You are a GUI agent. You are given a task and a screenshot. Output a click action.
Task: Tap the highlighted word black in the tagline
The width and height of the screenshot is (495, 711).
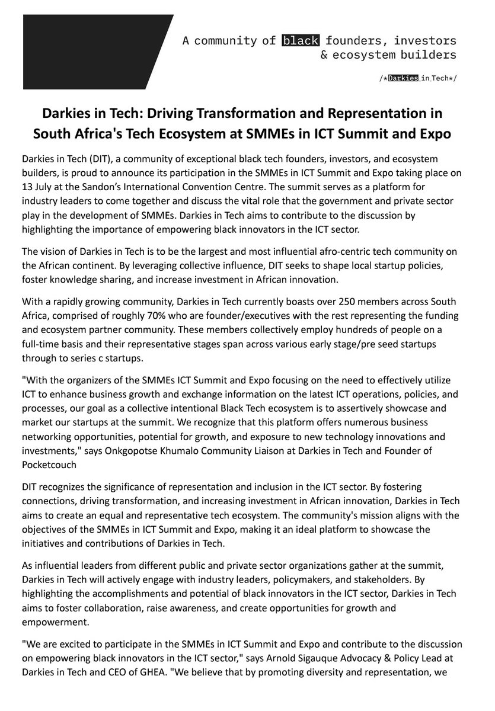click(301, 41)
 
